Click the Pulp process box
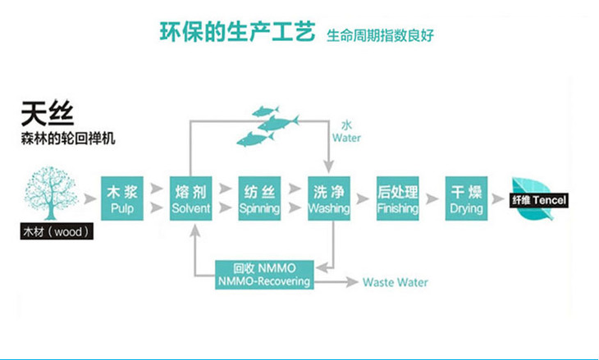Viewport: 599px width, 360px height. [x=122, y=199]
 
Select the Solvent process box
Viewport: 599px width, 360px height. [x=191, y=199]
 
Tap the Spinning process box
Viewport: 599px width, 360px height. [x=259, y=199]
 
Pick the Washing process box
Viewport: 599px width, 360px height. [x=329, y=199]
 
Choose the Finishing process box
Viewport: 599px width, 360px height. [x=397, y=199]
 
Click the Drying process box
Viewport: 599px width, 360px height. [x=467, y=199]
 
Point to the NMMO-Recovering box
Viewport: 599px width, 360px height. [x=264, y=275]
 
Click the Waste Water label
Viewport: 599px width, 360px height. [x=396, y=283]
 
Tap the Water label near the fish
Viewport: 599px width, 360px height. [x=346, y=133]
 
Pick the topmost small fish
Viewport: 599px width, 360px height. [x=264, y=111]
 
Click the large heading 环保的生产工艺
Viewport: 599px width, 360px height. [x=236, y=32]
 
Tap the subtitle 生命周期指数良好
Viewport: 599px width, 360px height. [x=379, y=35]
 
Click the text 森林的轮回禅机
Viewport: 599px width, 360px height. [x=67, y=138]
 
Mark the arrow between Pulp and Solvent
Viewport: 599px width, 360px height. [x=157, y=199]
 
